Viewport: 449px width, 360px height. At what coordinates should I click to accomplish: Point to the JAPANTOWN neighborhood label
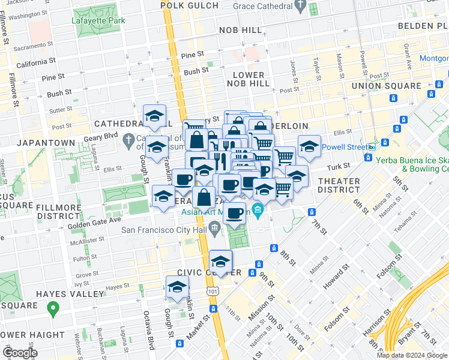click(46, 143)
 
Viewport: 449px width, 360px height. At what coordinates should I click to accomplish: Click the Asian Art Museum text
click(215, 211)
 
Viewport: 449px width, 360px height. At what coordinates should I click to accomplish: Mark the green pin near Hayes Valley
click(53, 308)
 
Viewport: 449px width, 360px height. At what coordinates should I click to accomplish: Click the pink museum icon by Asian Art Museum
click(258, 209)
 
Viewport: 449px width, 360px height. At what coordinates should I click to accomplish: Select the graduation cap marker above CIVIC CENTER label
click(220, 262)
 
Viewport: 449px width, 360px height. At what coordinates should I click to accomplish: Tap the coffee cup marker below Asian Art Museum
click(235, 212)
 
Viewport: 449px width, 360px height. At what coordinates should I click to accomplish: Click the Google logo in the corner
click(19, 353)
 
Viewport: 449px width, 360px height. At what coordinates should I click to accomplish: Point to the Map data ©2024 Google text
click(412, 355)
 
